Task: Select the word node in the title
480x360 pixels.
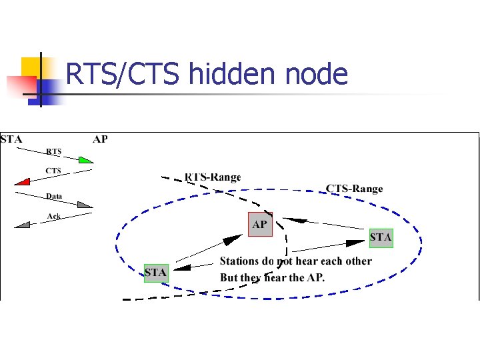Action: click(316, 74)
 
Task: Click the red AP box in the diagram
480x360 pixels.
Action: click(260, 224)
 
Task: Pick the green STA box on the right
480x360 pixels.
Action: click(381, 237)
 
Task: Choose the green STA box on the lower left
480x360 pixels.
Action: click(156, 273)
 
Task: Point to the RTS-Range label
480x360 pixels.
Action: click(213, 177)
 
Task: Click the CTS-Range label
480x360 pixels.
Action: click(354, 189)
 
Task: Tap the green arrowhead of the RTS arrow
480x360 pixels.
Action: click(85, 160)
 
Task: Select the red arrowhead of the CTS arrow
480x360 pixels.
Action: click(22, 181)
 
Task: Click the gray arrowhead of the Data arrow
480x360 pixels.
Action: click(85, 205)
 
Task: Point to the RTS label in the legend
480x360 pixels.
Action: click(53, 151)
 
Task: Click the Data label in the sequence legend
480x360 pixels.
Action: click(54, 196)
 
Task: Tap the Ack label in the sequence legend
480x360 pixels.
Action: click(54, 216)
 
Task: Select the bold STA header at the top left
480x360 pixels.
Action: click(11, 139)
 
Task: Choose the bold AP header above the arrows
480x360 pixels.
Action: click(100, 139)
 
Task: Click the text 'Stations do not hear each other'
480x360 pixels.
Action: click(295, 261)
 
